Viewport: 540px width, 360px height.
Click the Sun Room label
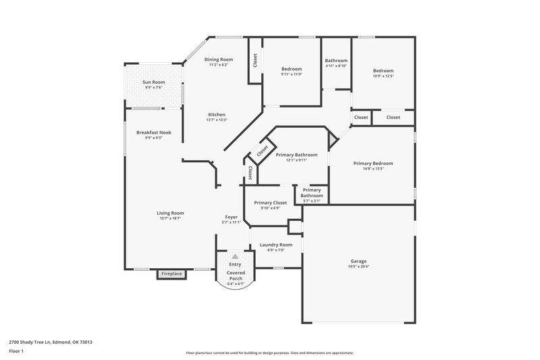pyautogui.click(x=153, y=82)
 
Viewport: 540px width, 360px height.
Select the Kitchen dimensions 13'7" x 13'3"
pyautogui.click(x=217, y=120)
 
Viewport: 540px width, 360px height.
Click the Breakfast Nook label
pyautogui.click(x=153, y=132)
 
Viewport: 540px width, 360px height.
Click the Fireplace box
pyautogui.click(x=171, y=274)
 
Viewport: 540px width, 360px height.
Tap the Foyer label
pyautogui.click(x=232, y=216)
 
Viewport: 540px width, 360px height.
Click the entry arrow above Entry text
pyautogui.click(x=235, y=257)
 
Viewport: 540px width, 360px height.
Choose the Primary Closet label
pyautogui.click(x=270, y=203)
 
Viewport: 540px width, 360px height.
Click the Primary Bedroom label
pyautogui.click(x=373, y=163)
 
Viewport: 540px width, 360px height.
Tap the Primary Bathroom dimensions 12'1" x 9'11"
pyautogui.click(x=296, y=160)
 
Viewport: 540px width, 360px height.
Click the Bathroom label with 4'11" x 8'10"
pyautogui.click(x=335, y=60)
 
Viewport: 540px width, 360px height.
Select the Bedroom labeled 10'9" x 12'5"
pyautogui.click(x=383, y=70)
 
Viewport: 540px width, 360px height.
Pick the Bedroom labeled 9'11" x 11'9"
pyautogui.click(x=292, y=69)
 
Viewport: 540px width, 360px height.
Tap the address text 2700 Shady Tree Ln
pyautogui.click(x=51, y=342)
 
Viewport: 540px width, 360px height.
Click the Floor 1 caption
pyautogui.click(x=17, y=352)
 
